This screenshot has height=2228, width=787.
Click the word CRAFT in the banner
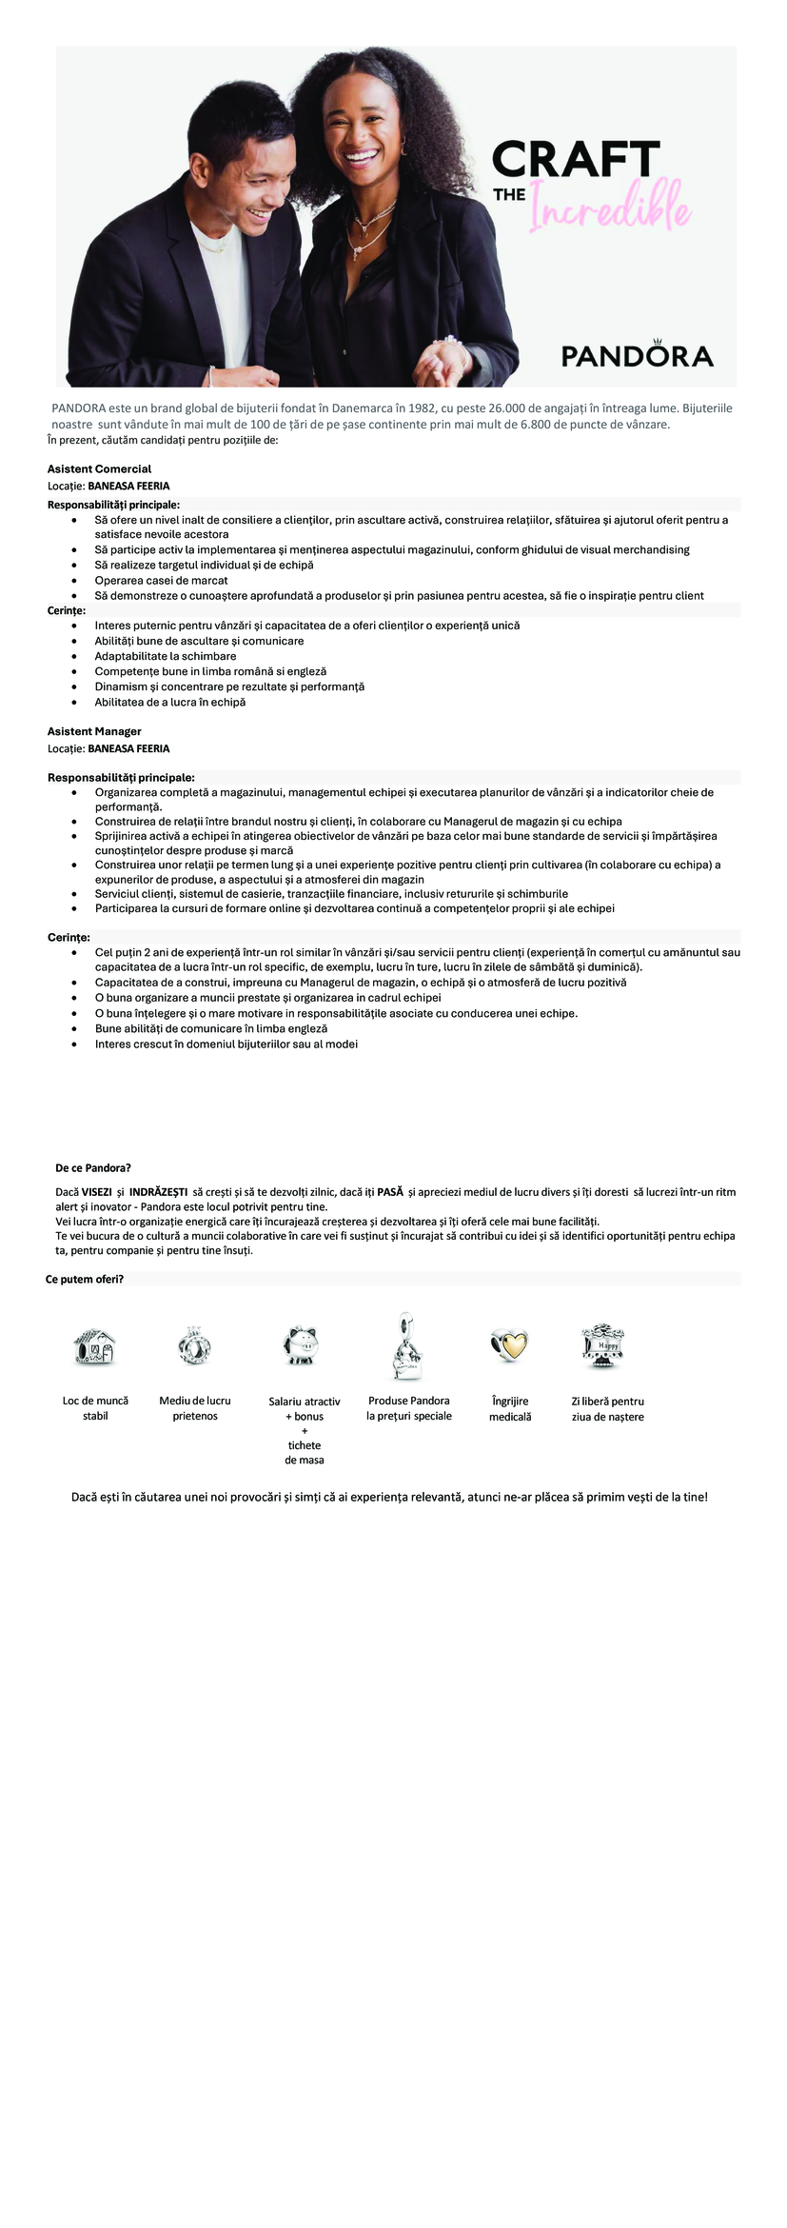pos(576,160)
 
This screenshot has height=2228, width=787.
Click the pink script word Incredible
pos(609,206)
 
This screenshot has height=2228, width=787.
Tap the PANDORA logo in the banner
pos(637,354)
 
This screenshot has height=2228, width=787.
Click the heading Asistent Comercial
pos(100,469)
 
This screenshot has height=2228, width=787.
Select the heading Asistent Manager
pos(95,731)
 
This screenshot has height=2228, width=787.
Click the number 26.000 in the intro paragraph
pos(516,408)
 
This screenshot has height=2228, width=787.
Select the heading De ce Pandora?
pos(93,1168)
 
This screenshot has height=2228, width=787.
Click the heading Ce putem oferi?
pos(85,1280)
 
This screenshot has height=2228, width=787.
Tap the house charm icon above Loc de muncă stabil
pos(95,1347)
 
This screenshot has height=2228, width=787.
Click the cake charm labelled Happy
pos(601,1344)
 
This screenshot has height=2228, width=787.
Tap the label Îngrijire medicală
pos(510,1409)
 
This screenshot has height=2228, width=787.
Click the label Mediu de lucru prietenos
pos(195,1408)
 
